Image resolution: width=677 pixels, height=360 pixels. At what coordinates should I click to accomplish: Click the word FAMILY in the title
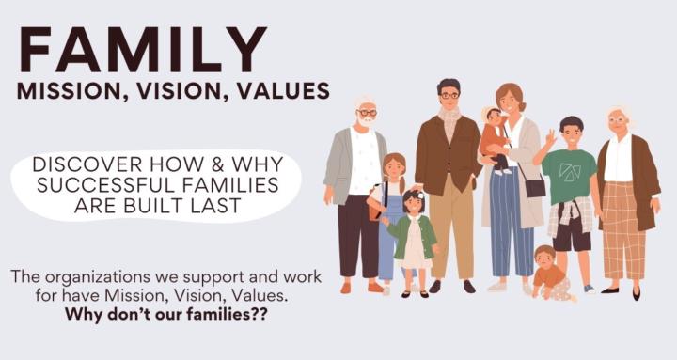click(x=141, y=49)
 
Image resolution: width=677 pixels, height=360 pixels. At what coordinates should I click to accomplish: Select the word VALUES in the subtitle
click(x=283, y=91)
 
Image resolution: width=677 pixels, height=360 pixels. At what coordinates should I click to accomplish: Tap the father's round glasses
click(x=449, y=95)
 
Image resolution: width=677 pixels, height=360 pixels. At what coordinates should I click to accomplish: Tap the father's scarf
click(x=449, y=121)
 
